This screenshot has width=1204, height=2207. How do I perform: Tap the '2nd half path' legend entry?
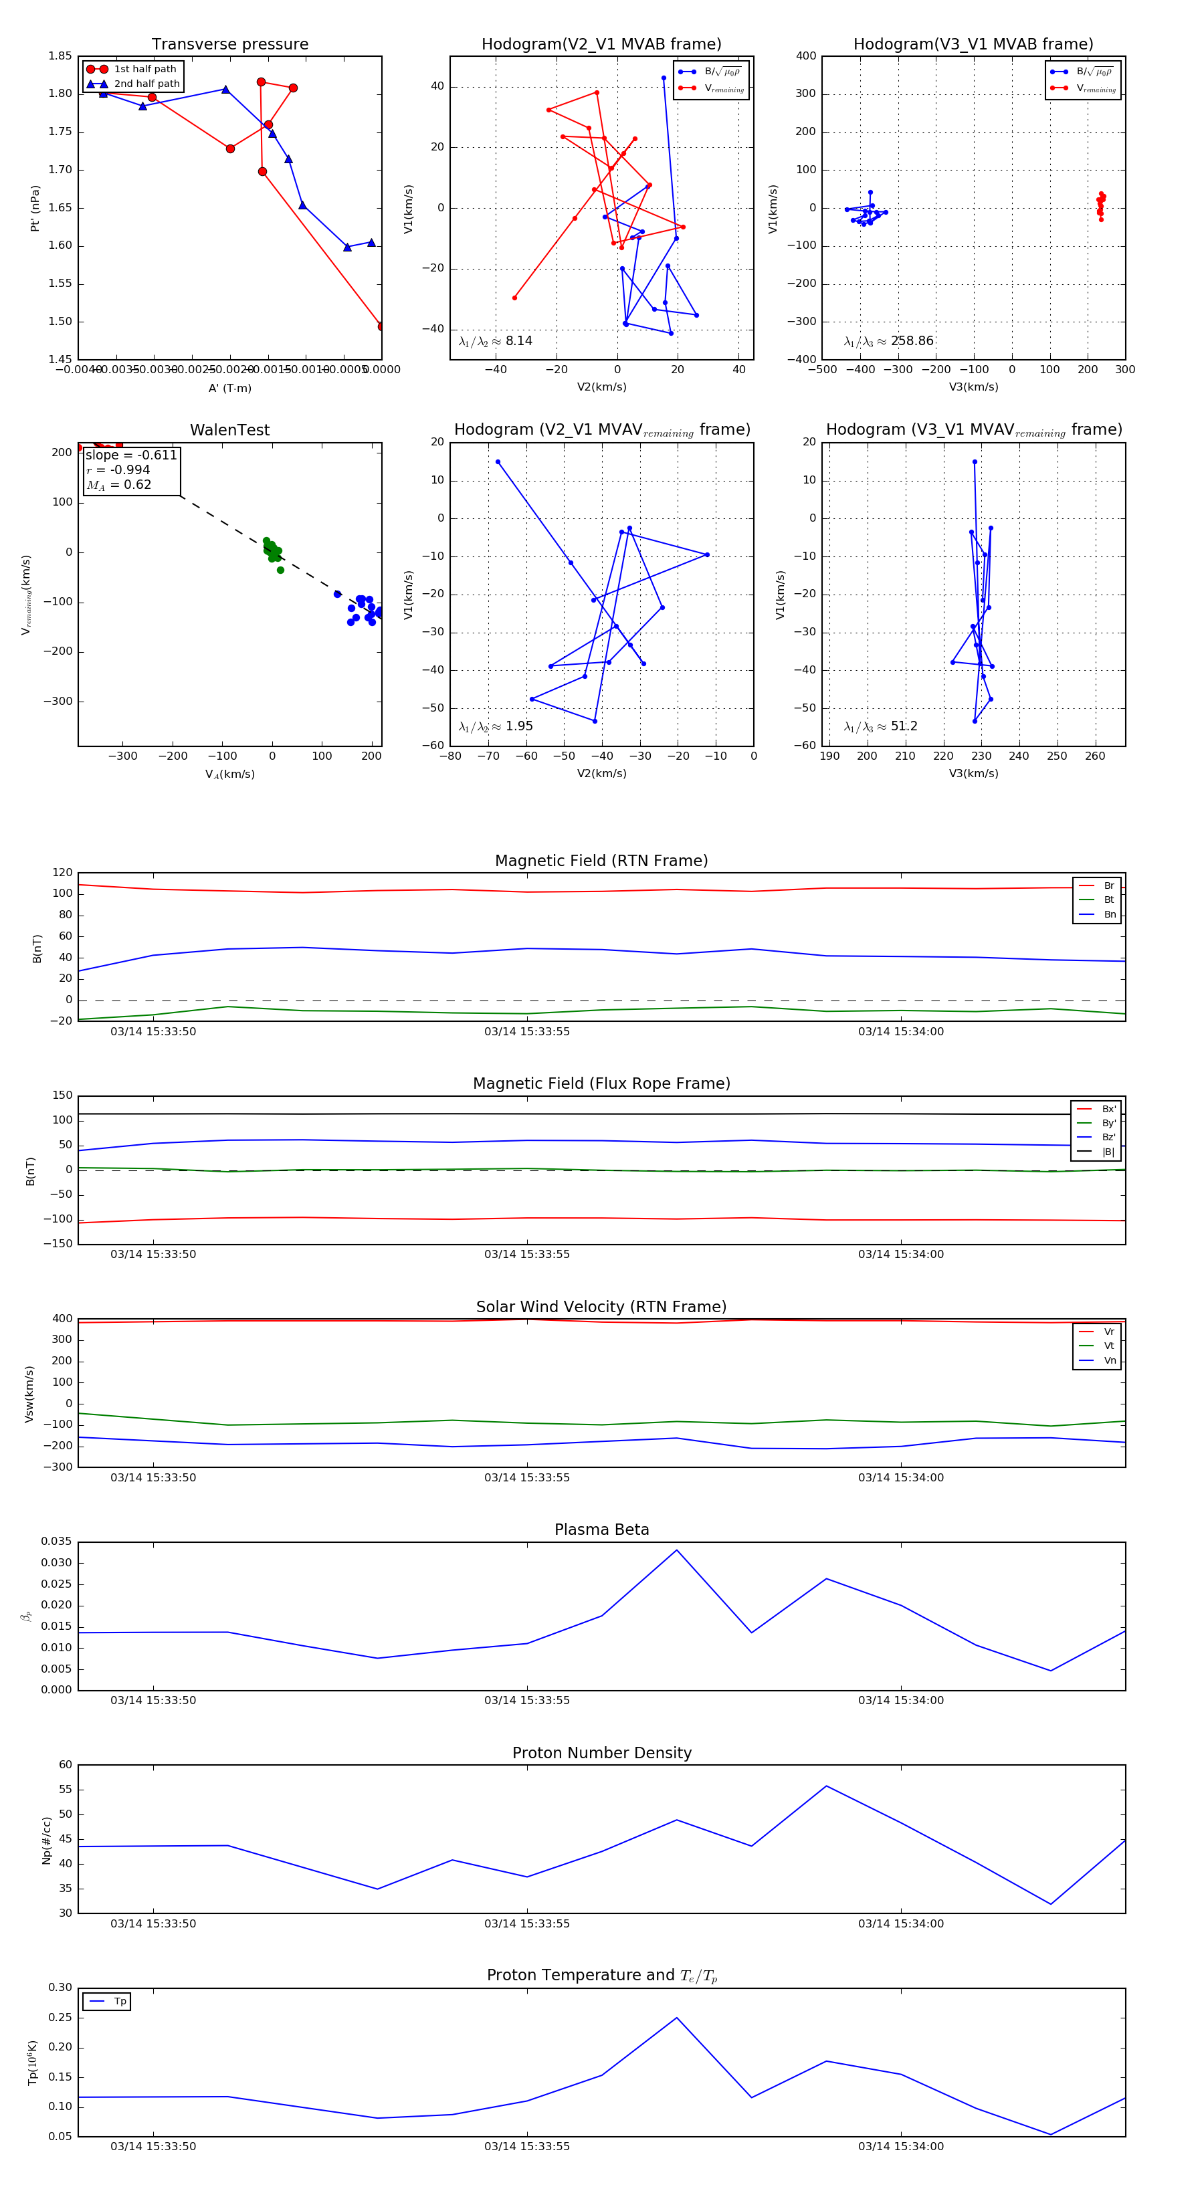click(x=146, y=84)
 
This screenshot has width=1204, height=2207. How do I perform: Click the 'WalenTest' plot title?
click(x=229, y=430)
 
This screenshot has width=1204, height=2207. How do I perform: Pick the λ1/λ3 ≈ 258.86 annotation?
click(x=889, y=341)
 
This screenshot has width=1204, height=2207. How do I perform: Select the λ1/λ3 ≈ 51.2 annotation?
click(x=881, y=726)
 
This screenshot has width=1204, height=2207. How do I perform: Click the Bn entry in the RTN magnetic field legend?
click(x=1109, y=914)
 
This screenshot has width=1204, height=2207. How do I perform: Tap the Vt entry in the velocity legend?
click(x=1109, y=1346)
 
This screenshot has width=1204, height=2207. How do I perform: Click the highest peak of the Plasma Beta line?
click(x=676, y=1550)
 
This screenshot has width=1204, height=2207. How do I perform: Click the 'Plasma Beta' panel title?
click(x=601, y=1530)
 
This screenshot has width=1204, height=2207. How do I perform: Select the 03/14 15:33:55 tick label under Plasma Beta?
click(x=526, y=1700)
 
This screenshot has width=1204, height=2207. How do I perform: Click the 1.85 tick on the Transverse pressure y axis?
click(x=60, y=57)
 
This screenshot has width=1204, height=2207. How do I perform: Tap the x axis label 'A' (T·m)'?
click(x=229, y=388)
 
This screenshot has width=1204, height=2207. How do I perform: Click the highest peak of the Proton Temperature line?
click(x=676, y=2018)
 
